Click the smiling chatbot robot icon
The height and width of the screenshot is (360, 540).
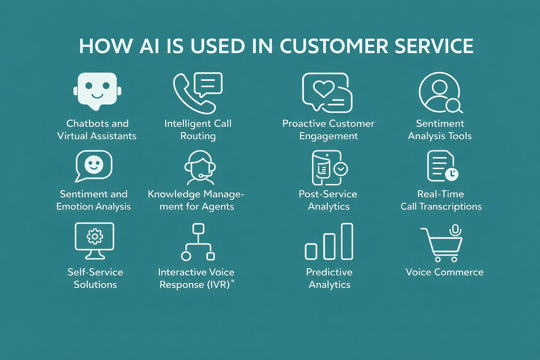(97, 91)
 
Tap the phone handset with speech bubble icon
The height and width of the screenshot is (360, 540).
(197, 93)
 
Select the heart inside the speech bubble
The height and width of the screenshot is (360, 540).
(323, 89)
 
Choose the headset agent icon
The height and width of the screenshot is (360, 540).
(200, 168)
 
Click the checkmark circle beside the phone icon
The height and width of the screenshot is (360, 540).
(340, 169)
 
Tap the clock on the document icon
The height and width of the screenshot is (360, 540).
(451, 174)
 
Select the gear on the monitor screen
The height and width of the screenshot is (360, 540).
(95, 236)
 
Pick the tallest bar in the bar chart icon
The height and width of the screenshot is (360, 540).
(347, 241)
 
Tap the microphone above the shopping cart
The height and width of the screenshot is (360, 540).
(455, 230)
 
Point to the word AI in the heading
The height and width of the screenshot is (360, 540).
(149, 46)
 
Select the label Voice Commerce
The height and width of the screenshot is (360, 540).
(444, 272)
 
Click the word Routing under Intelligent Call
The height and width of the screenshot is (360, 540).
(198, 136)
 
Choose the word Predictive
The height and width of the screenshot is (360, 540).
(329, 272)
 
